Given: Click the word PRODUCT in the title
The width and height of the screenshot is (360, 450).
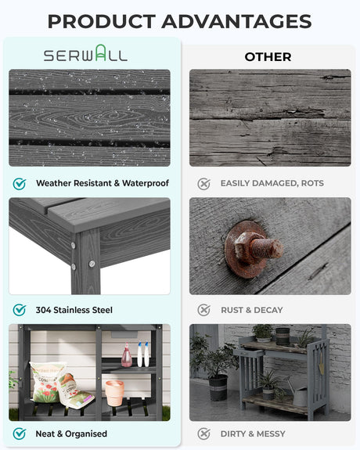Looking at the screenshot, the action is click(102, 22).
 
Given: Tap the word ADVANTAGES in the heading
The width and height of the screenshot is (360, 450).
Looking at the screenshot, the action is click(236, 22).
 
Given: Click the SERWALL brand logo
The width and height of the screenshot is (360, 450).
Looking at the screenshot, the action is click(85, 53).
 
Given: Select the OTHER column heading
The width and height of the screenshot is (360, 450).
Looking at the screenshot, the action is click(268, 57).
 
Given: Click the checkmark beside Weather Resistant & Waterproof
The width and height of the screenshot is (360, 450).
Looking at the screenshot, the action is click(20, 183).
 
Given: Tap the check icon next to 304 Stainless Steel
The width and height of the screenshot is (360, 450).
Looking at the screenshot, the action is click(20, 310).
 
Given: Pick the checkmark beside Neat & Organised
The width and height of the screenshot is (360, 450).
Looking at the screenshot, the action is click(20, 434).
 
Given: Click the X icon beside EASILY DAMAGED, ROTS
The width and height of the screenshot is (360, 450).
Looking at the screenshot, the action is click(203, 184).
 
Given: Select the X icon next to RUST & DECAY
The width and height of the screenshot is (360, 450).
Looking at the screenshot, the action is click(203, 310).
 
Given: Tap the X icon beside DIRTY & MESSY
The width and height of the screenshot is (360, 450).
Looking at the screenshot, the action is click(203, 434).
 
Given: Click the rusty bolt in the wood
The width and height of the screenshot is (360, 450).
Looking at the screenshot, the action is click(254, 249).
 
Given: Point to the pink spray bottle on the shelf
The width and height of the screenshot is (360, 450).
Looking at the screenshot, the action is click(127, 355).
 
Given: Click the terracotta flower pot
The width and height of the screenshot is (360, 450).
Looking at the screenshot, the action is click(114, 393).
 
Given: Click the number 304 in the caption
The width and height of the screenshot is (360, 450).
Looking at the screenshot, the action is click(43, 310).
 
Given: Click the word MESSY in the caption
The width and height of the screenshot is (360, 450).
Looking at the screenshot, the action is click(271, 434).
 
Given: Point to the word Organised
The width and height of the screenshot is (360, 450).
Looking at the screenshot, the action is click(86, 434).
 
